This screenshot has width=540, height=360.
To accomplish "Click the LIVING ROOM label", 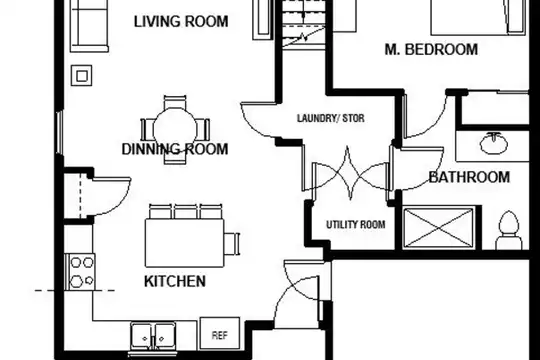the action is pyautogui.click(x=181, y=21).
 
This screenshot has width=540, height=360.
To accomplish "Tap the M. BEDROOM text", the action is pyautogui.click(x=431, y=49).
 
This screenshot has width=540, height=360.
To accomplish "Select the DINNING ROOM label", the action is pyautogui.click(x=175, y=149).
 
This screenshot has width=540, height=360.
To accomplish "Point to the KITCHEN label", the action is pyautogui.click(x=175, y=281).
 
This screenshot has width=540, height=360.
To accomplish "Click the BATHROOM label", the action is pyautogui.click(x=469, y=177).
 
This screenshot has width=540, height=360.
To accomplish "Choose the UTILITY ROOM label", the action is pyautogui.click(x=356, y=225).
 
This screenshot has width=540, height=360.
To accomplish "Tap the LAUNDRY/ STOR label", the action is pyautogui.click(x=331, y=118).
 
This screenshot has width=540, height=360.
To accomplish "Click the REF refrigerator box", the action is pyautogui.click(x=220, y=334).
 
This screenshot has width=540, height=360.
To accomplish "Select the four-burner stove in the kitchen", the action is pyautogui.click(x=80, y=272).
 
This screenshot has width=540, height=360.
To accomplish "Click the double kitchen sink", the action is pyautogui.click(x=153, y=337).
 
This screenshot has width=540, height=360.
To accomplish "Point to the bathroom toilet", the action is pyautogui.click(x=509, y=230).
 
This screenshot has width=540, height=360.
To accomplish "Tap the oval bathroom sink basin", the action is pyautogui.click(x=494, y=144).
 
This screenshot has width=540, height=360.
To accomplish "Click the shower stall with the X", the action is pyautogui.click(x=438, y=228).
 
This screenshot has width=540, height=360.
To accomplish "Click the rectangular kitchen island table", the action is pyautogui.click(x=185, y=243).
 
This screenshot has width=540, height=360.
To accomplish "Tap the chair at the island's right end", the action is pyautogui.click(x=232, y=244).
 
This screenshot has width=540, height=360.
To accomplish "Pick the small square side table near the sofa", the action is pyautogui.click(x=82, y=75).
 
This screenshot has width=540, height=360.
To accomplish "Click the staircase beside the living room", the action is pyautogui.click(x=304, y=23).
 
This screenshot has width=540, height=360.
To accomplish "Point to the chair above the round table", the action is pyautogui.click(x=175, y=102).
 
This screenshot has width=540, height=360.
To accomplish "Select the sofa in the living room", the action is pyautogui.click(x=90, y=26).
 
